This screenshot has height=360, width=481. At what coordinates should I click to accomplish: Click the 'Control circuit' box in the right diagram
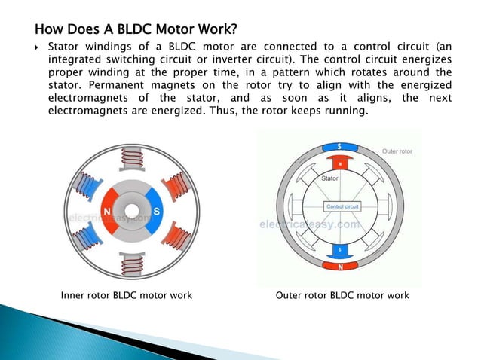click(341, 206)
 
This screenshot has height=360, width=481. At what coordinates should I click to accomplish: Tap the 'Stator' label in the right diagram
click(330, 179)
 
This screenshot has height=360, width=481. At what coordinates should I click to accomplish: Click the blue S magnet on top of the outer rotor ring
click(340, 146)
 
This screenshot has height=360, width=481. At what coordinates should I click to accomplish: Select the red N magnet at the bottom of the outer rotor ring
click(340, 265)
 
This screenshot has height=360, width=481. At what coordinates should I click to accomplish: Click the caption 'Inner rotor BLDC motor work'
click(126, 295)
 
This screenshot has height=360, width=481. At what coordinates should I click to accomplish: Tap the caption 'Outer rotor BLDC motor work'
click(343, 295)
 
